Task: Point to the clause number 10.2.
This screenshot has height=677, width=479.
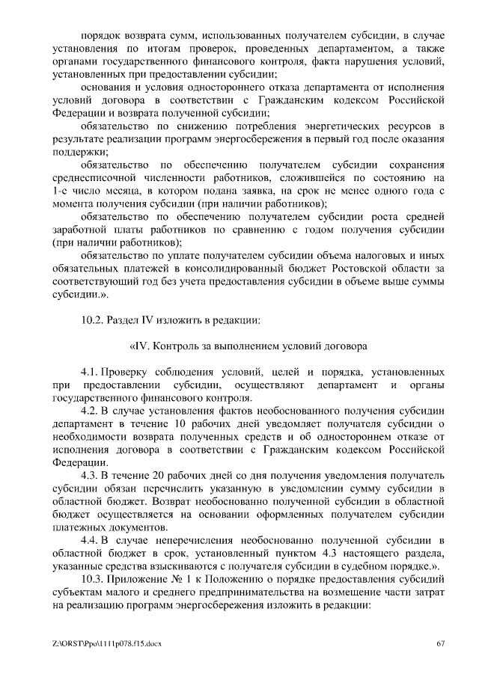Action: (x=94, y=321)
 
